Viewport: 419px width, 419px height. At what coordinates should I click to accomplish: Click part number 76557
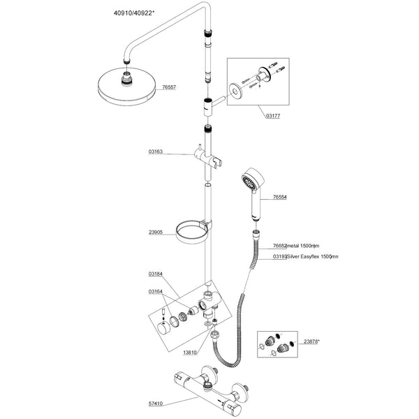click(170, 87)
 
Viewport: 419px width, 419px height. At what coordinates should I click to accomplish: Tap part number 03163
click(156, 151)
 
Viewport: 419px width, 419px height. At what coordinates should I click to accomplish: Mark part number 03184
click(156, 274)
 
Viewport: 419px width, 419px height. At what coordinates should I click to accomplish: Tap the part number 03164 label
click(156, 291)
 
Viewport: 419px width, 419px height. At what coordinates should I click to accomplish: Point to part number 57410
click(156, 403)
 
